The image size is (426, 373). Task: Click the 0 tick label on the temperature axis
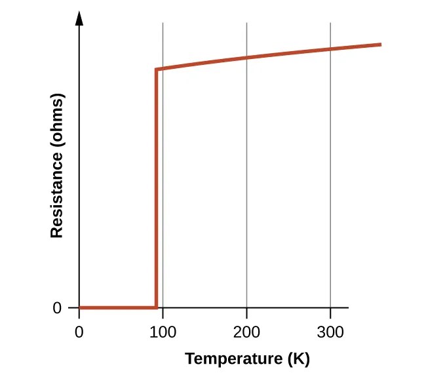point(79,332)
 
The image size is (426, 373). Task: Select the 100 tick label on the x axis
point(163,332)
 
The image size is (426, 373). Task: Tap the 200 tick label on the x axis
point(246,332)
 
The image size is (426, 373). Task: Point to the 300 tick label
point(330,332)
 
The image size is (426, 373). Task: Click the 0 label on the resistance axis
point(57,307)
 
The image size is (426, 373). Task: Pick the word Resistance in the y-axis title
point(57,195)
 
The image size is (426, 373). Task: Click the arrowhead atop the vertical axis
point(79,18)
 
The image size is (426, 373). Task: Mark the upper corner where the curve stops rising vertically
point(156,69)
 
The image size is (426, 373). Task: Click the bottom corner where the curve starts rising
point(156,307)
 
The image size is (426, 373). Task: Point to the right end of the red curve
point(381,45)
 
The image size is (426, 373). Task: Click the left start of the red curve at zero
point(80,307)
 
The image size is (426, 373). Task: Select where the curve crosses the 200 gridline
point(246,58)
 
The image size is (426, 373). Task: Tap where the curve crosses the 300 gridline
point(330,49)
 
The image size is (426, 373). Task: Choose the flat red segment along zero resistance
point(118,307)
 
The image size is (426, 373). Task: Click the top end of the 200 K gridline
point(246,24)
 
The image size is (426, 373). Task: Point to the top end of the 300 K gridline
point(330,24)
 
